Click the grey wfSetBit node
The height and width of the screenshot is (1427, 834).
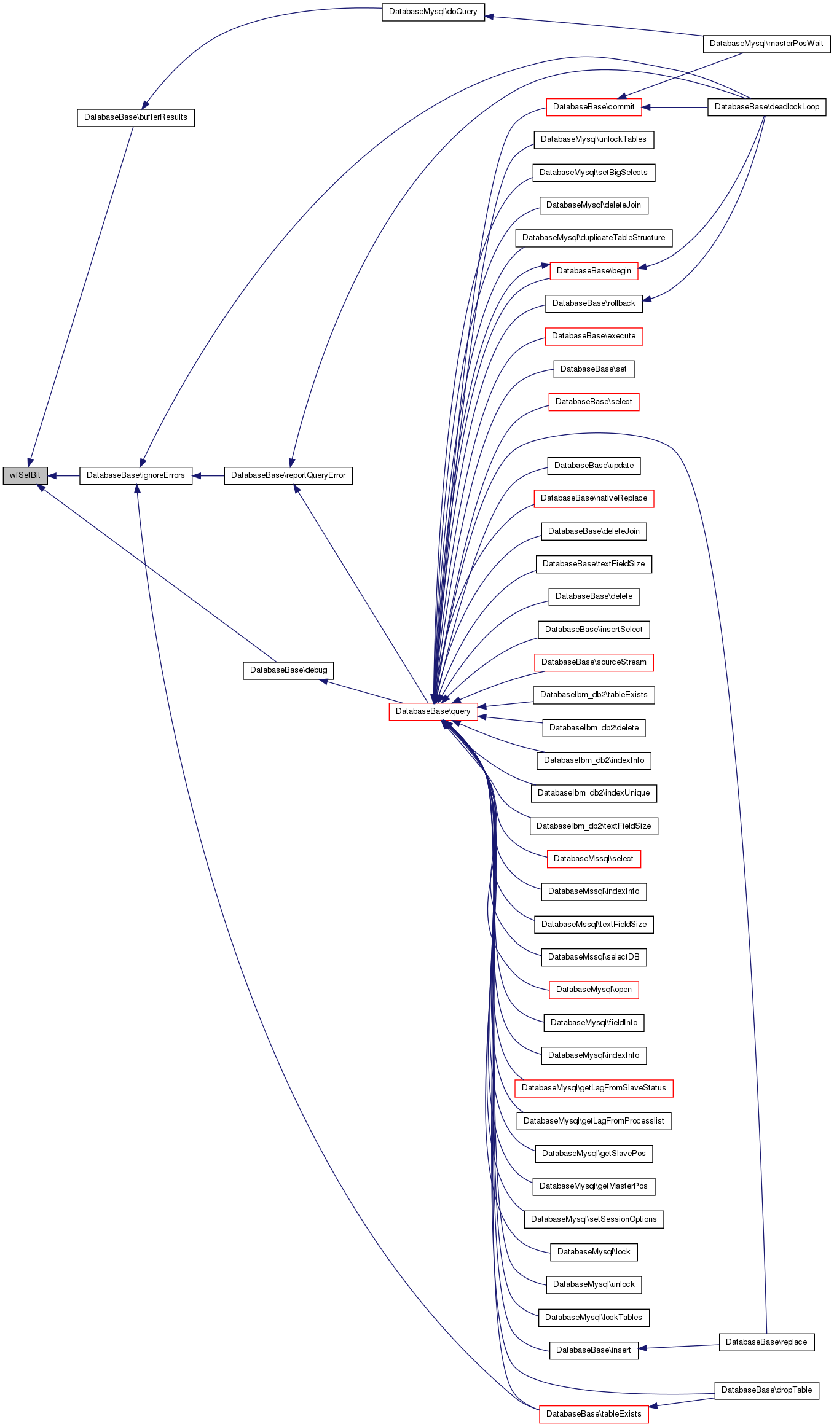pyautogui.click(x=25, y=475)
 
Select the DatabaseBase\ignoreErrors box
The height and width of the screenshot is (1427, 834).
pyautogui.click(x=136, y=475)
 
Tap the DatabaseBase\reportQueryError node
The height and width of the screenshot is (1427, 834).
pyautogui.click(x=288, y=475)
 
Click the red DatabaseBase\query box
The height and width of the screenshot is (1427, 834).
pyautogui.click(x=433, y=711)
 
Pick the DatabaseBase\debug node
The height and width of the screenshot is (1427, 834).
pyautogui.click(x=288, y=670)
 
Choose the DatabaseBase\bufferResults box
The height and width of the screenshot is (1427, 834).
pyautogui.click(x=136, y=117)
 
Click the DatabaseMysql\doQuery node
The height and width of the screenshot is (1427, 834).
pyautogui.click(x=433, y=12)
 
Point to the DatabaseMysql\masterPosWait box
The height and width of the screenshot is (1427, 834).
pyautogui.click(x=766, y=44)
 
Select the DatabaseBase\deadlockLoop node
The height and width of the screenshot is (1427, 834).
pyautogui.click(x=767, y=107)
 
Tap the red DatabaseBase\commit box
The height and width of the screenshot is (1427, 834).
pyautogui.click(x=594, y=107)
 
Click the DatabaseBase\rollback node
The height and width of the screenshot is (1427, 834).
pyautogui.click(x=594, y=303)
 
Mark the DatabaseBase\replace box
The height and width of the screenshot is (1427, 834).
pyautogui.click(x=766, y=1342)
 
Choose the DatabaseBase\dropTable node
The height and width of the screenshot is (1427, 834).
pyautogui.click(x=766, y=1390)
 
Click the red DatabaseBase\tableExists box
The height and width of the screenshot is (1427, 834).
pyautogui.click(x=594, y=1414)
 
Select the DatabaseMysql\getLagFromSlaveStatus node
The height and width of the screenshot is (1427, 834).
pyautogui.click(x=594, y=1088)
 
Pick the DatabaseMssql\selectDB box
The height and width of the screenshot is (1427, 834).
pyautogui.click(x=594, y=957)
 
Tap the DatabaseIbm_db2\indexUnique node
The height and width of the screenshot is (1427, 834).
pyautogui.click(x=594, y=793)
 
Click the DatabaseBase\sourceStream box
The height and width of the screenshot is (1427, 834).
pyautogui.click(x=594, y=662)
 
